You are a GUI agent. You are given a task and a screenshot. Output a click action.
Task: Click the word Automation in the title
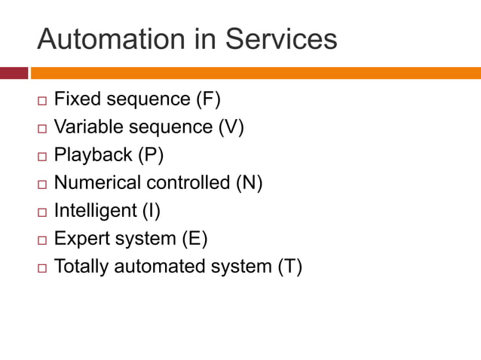(109, 39)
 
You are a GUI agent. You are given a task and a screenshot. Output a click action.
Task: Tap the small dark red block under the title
(14, 73)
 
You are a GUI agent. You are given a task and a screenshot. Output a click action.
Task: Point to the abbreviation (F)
(208, 99)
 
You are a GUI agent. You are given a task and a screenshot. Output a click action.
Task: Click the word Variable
(84, 127)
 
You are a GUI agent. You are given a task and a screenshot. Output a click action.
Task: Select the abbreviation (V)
(231, 127)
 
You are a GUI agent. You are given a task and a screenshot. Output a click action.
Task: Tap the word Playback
(93, 154)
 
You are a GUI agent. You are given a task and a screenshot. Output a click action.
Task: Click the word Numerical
(98, 182)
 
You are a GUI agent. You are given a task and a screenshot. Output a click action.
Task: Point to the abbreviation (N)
(249, 182)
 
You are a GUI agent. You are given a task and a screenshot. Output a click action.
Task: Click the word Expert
(81, 239)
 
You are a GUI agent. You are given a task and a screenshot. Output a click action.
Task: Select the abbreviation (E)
(195, 239)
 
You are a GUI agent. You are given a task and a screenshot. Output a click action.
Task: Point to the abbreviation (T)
(290, 267)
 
